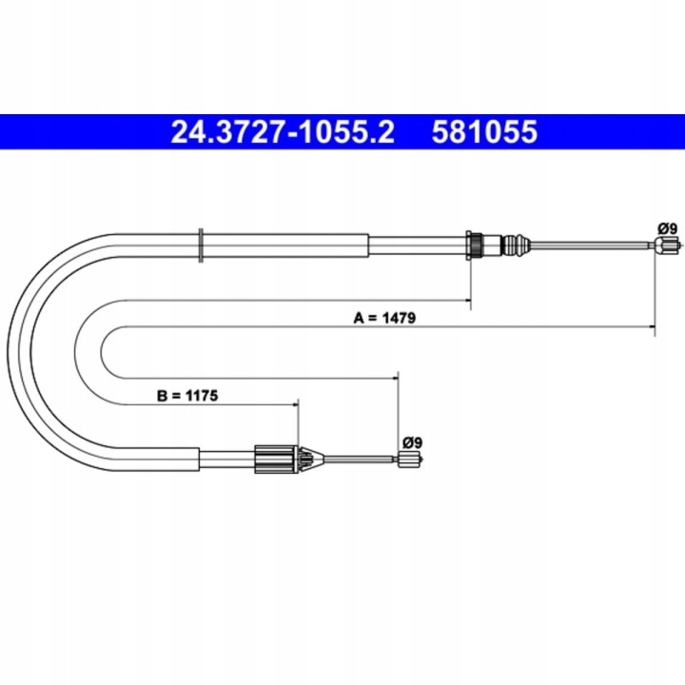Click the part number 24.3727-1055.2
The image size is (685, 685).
tap(283, 132)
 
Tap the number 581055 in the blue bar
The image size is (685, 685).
tap(484, 132)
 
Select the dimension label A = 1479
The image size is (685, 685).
tap(384, 318)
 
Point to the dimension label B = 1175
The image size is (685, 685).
tap(187, 396)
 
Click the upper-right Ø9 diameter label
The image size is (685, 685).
tap(668, 228)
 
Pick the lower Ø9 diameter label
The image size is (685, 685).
tap(412, 442)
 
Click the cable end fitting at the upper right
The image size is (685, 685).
tap(667, 245)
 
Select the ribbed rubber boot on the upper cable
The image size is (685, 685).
tap(516, 246)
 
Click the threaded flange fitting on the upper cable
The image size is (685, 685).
tap(476, 246)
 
